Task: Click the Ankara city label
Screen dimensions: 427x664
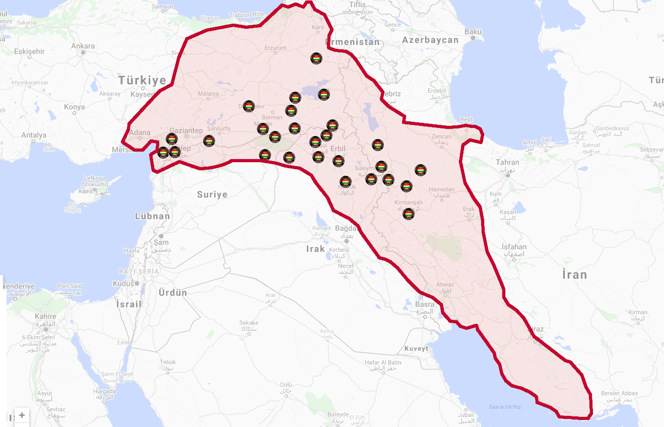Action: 83,46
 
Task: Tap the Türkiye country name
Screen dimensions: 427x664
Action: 143,81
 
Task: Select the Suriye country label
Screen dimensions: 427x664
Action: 212,194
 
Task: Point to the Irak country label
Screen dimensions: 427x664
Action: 316,249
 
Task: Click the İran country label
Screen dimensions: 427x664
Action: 575,275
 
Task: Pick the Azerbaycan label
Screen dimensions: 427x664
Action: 430,40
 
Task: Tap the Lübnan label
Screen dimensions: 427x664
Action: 153,216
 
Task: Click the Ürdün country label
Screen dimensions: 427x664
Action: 173,293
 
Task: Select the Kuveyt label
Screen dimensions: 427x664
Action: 416,348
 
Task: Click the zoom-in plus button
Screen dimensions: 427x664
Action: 22,415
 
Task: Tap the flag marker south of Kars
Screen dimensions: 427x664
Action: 316,58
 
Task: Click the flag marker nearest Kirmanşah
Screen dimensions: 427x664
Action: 409,214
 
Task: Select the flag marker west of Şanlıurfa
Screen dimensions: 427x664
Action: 209,141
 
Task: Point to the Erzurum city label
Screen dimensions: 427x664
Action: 276,48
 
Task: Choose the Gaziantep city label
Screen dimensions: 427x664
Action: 186,130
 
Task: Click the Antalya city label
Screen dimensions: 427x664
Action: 34,135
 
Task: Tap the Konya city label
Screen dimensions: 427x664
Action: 75,107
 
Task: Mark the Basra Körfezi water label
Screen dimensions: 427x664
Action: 506,407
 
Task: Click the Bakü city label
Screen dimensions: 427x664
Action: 473,32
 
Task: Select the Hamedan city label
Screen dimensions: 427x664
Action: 441,190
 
